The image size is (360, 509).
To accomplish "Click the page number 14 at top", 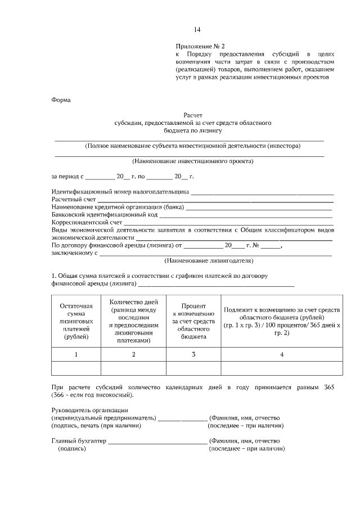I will [x=197, y=30].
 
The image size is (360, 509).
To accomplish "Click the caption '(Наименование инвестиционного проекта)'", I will [x=189, y=161].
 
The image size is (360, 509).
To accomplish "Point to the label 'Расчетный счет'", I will [x=74, y=200].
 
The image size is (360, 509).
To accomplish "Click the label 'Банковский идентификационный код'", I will [x=104, y=215].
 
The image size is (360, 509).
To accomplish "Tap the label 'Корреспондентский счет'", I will [x=87, y=223].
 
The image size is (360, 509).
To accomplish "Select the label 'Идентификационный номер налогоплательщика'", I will [x=120, y=192].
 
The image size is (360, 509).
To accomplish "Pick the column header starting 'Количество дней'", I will [x=133, y=321].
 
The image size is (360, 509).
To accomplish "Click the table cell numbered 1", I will [x=76, y=354].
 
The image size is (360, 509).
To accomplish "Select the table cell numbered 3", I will [x=193, y=354].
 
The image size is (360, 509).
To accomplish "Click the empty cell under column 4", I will [x=282, y=368].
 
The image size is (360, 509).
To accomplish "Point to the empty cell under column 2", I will [x=133, y=368].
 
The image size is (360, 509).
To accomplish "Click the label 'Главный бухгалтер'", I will [x=79, y=442].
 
